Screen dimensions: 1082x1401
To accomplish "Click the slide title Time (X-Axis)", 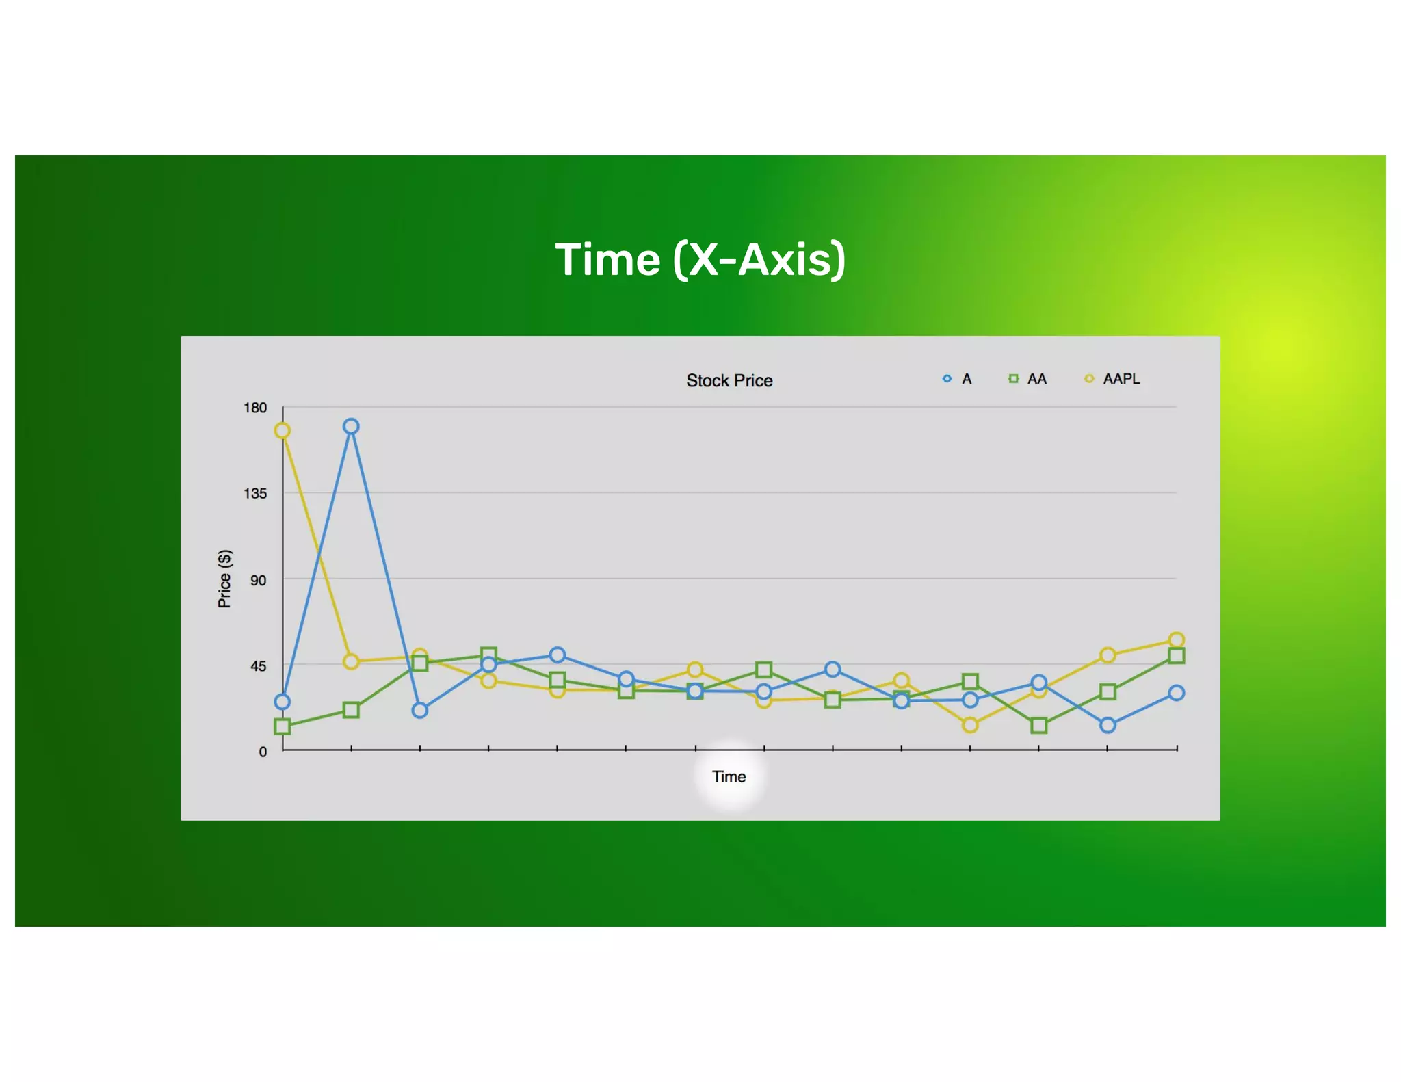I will point(700,260).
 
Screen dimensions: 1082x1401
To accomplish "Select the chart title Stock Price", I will point(729,381).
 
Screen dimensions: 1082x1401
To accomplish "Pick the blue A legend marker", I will point(947,379).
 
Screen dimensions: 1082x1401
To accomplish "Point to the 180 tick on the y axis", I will point(255,408).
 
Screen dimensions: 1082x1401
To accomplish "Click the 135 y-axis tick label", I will point(255,494).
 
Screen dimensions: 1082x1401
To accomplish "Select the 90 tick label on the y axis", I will point(258,581).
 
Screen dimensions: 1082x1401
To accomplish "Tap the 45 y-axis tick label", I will point(258,666).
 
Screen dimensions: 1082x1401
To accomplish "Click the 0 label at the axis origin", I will point(263,752).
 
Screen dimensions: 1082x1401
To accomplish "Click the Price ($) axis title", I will point(224,579).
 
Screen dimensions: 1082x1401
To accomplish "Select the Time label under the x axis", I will point(729,777).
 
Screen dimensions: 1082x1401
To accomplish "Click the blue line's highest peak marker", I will point(351,427).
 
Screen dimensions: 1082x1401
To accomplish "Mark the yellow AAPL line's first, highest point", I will point(282,431).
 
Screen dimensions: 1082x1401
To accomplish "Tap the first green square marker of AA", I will point(282,726).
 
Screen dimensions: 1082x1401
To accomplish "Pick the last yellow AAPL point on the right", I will point(1176,640).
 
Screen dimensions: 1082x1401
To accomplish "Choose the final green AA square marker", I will point(1176,656).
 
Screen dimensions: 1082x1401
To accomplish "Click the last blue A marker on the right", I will point(1176,693).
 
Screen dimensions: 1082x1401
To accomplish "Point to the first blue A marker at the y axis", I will point(282,702).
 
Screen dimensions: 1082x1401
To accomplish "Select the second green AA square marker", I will point(351,710).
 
